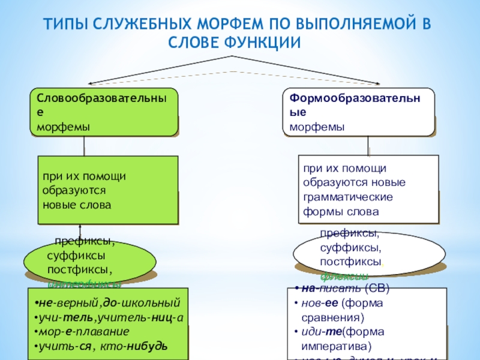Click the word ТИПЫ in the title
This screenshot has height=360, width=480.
tap(62, 25)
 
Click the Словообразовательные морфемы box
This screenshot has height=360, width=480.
tap(104, 112)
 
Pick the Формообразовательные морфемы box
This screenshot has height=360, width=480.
tap(358, 112)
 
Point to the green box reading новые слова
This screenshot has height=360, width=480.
tap(108, 190)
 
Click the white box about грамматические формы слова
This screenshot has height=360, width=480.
tap(368, 189)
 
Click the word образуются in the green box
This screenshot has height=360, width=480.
tap(74, 190)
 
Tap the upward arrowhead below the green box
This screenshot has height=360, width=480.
tap(80, 229)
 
